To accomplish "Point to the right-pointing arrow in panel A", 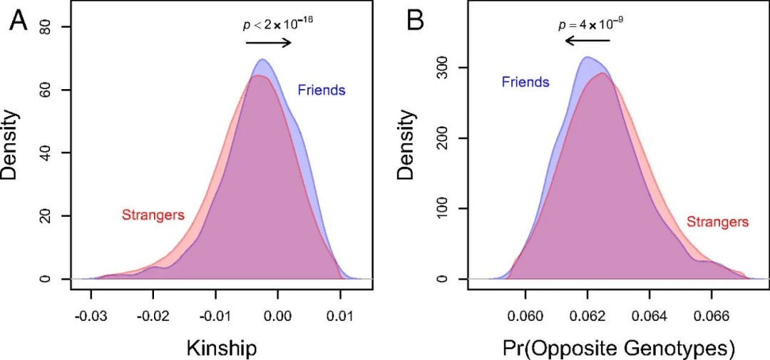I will tap(269, 42).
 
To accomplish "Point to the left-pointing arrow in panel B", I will tap(587, 41).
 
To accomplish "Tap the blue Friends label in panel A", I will tap(322, 91).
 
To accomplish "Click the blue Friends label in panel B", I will tap(525, 82).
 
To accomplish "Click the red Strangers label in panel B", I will tap(717, 222).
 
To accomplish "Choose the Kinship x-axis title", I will tap(221, 347).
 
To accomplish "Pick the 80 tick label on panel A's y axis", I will tap(44, 27).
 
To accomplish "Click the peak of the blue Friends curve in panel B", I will tap(587, 57).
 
